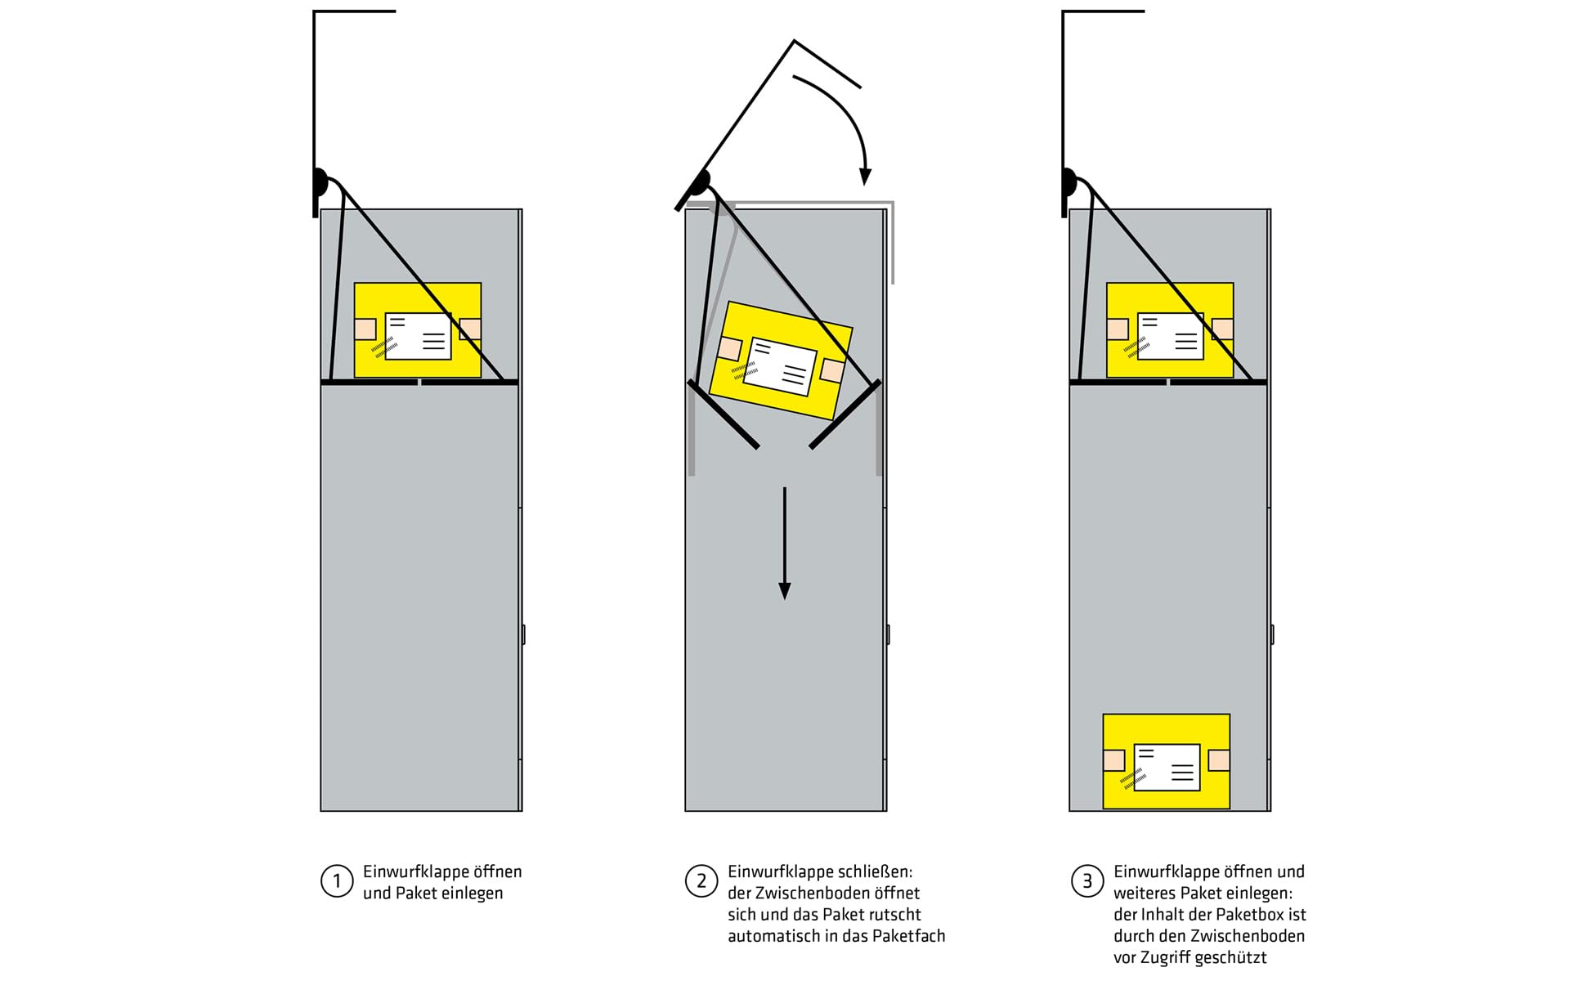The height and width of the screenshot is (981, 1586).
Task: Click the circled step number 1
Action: click(336, 881)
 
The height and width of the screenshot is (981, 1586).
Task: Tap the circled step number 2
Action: click(701, 881)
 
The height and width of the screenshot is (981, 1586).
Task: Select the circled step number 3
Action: click(1086, 881)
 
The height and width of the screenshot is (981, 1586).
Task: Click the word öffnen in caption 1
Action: click(498, 871)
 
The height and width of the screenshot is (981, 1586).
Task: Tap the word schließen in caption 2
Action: click(874, 871)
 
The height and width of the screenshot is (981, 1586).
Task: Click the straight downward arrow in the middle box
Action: click(785, 544)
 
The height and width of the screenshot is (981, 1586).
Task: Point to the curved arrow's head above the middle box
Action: click(865, 177)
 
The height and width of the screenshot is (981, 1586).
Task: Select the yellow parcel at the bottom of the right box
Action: click(1167, 762)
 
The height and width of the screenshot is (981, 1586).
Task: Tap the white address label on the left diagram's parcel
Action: click(418, 336)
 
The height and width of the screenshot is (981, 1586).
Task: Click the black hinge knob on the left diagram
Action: click(320, 181)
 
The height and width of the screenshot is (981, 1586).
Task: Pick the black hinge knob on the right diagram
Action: click(1069, 181)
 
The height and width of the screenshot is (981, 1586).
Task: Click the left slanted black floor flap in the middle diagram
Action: click(724, 414)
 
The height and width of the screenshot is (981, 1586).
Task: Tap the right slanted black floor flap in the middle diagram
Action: click(845, 414)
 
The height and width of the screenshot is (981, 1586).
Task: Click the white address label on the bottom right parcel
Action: click(1167, 767)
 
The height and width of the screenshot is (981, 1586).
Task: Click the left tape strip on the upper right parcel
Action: click(1117, 329)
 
